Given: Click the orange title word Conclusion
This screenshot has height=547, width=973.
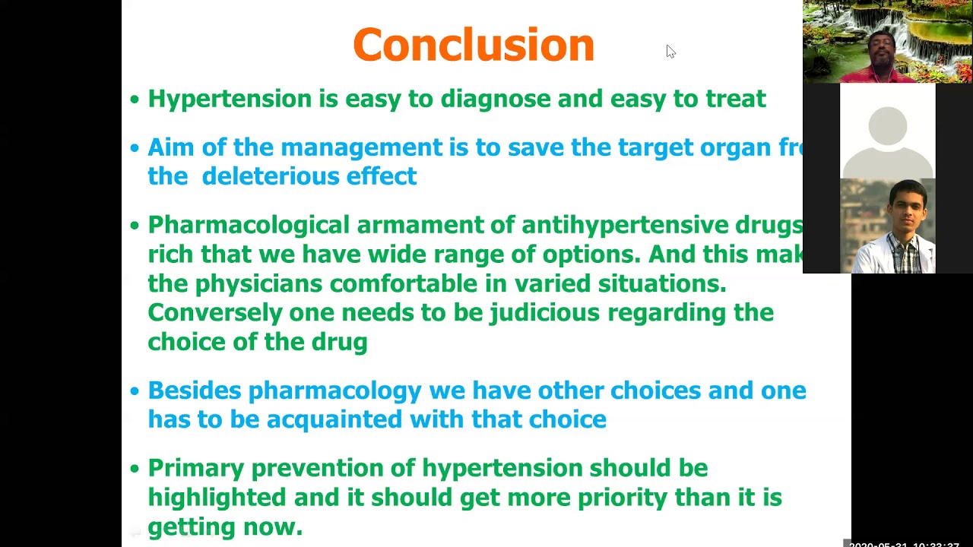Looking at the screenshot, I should point(473,45).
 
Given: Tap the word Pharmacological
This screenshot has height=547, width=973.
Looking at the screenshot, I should point(249,225).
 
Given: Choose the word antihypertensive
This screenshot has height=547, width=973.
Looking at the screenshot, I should point(625,225).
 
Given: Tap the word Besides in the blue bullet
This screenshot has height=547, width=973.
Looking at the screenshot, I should point(194,390).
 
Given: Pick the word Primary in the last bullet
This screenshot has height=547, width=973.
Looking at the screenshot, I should point(195,468).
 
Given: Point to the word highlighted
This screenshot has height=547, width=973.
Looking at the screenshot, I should point(217,498).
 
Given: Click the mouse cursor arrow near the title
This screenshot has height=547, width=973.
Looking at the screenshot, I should point(670,51).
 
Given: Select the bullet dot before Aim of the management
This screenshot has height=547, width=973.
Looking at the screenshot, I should point(135,148).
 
